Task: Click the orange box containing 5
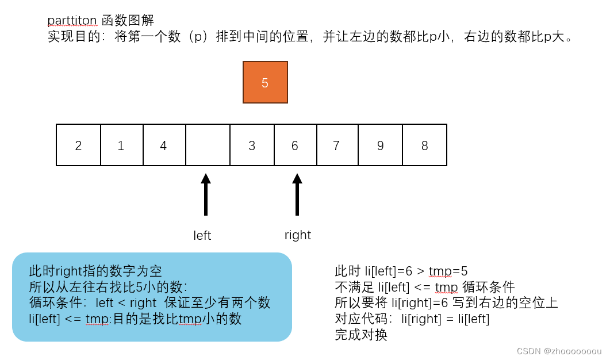(x=265, y=82)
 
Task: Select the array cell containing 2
(x=78, y=145)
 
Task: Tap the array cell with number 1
(x=121, y=145)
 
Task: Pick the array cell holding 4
(x=164, y=145)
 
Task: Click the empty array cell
(x=208, y=145)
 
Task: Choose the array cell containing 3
(x=252, y=145)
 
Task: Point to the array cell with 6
(x=295, y=145)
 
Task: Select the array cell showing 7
(x=337, y=145)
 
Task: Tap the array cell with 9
(x=380, y=145)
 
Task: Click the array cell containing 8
(x=424, y=145)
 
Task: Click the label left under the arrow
(x=202, y=236)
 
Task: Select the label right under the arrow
(x=298, y=235)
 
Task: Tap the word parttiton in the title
(x=72, y=21)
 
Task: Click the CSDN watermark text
(x=559, y=351)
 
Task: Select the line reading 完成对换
(x=361, y=335)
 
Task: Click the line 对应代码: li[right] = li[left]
(x=412, y=319)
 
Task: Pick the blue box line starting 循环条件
(x=149, y=302)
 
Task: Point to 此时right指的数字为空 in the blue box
(x=96, y=271)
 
